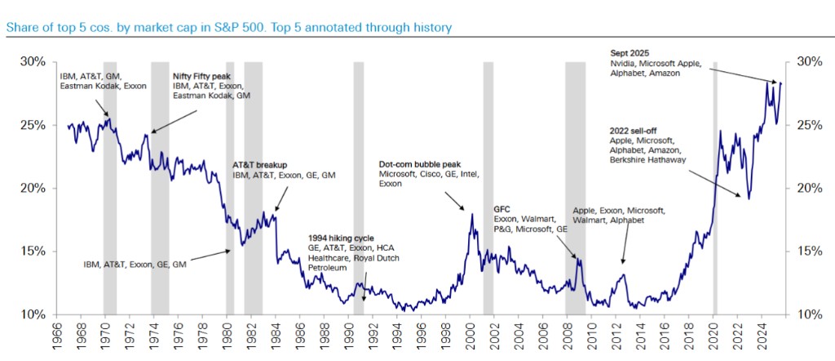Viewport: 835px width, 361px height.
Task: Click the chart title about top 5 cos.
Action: (x=228, y=28)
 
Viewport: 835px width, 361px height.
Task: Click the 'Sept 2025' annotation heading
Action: (x=629, y=51)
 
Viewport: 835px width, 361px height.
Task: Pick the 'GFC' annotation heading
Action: (x=503, y=208)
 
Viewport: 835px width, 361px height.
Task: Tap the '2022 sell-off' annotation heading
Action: (x=639, y=130)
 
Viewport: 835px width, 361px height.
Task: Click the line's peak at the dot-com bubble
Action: (x=472, y=214)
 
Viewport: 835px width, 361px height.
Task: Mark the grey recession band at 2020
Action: (x=715, y=188)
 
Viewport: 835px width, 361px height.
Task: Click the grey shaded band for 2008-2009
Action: (x=576, y=188)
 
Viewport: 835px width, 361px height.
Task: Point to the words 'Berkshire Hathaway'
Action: (x=646, y=161)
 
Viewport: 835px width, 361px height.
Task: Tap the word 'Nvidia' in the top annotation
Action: (x=625, y=63)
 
